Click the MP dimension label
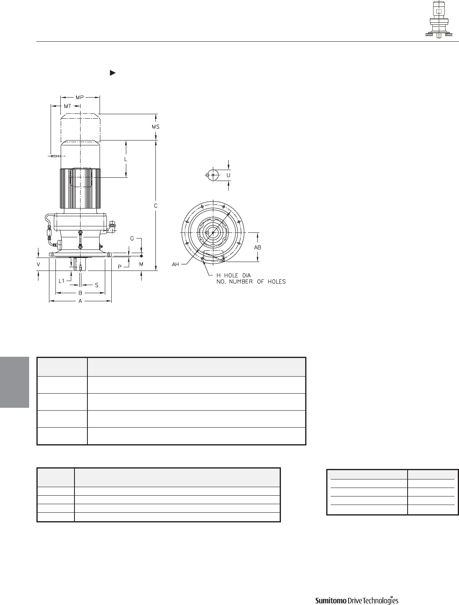pos(80,97)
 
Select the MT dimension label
pos(68,106)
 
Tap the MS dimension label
pos(156,127)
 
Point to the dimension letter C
pos(156,206)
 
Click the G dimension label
pos(132,239)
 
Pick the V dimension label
pos(38,264)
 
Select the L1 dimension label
pos(62,281)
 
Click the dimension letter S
pos(97,285)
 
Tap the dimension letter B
pos(80,293)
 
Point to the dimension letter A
pos(80,301)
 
